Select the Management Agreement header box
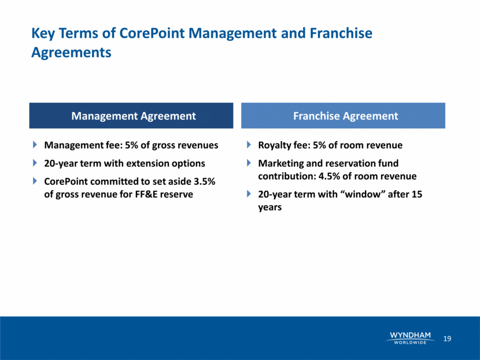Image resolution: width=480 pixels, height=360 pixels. (x=131, y=116)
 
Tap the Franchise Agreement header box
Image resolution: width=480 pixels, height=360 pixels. (x=343, y=116)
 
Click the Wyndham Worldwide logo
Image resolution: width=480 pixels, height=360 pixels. (x=410, y=338)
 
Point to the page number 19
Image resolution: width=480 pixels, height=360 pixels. (x=447, y=339)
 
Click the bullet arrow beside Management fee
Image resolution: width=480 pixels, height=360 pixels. (x=35, y=144)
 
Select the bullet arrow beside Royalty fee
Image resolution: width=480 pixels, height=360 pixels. (x=249, y=144)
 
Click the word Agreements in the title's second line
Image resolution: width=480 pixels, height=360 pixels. (x=71, y=53)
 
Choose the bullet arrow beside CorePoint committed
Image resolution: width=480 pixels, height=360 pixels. (x=35, y=181)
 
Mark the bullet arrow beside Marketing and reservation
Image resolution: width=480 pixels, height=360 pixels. (x=249, y=163)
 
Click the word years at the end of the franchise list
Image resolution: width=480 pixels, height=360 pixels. (x=269, y=207)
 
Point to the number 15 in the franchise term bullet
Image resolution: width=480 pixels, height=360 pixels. (x=416, y=194)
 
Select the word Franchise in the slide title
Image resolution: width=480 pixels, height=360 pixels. (x=341, y=33)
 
